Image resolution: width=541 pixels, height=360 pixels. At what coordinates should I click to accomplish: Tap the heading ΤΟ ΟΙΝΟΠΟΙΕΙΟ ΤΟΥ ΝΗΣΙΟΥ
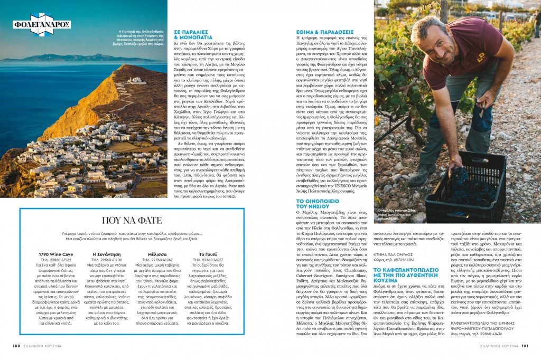[x=320, y=205]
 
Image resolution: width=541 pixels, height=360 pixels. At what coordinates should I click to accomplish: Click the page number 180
[x=16, y=346]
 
